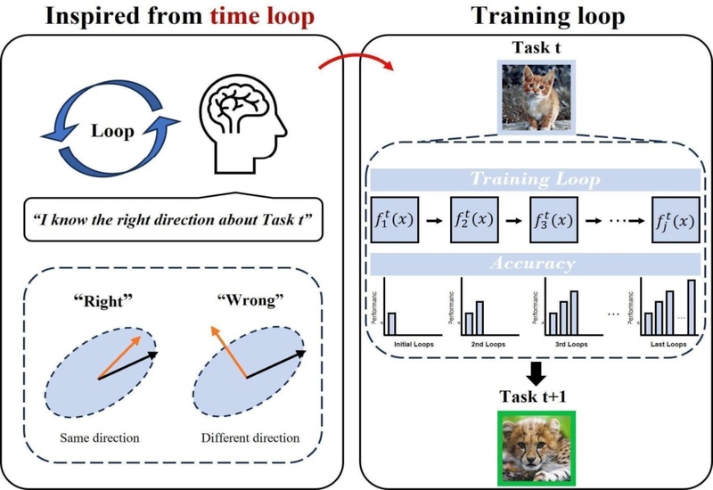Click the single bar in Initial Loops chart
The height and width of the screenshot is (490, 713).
tap(392, 322)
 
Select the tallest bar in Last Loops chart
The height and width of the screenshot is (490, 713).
tap(692, 306)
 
